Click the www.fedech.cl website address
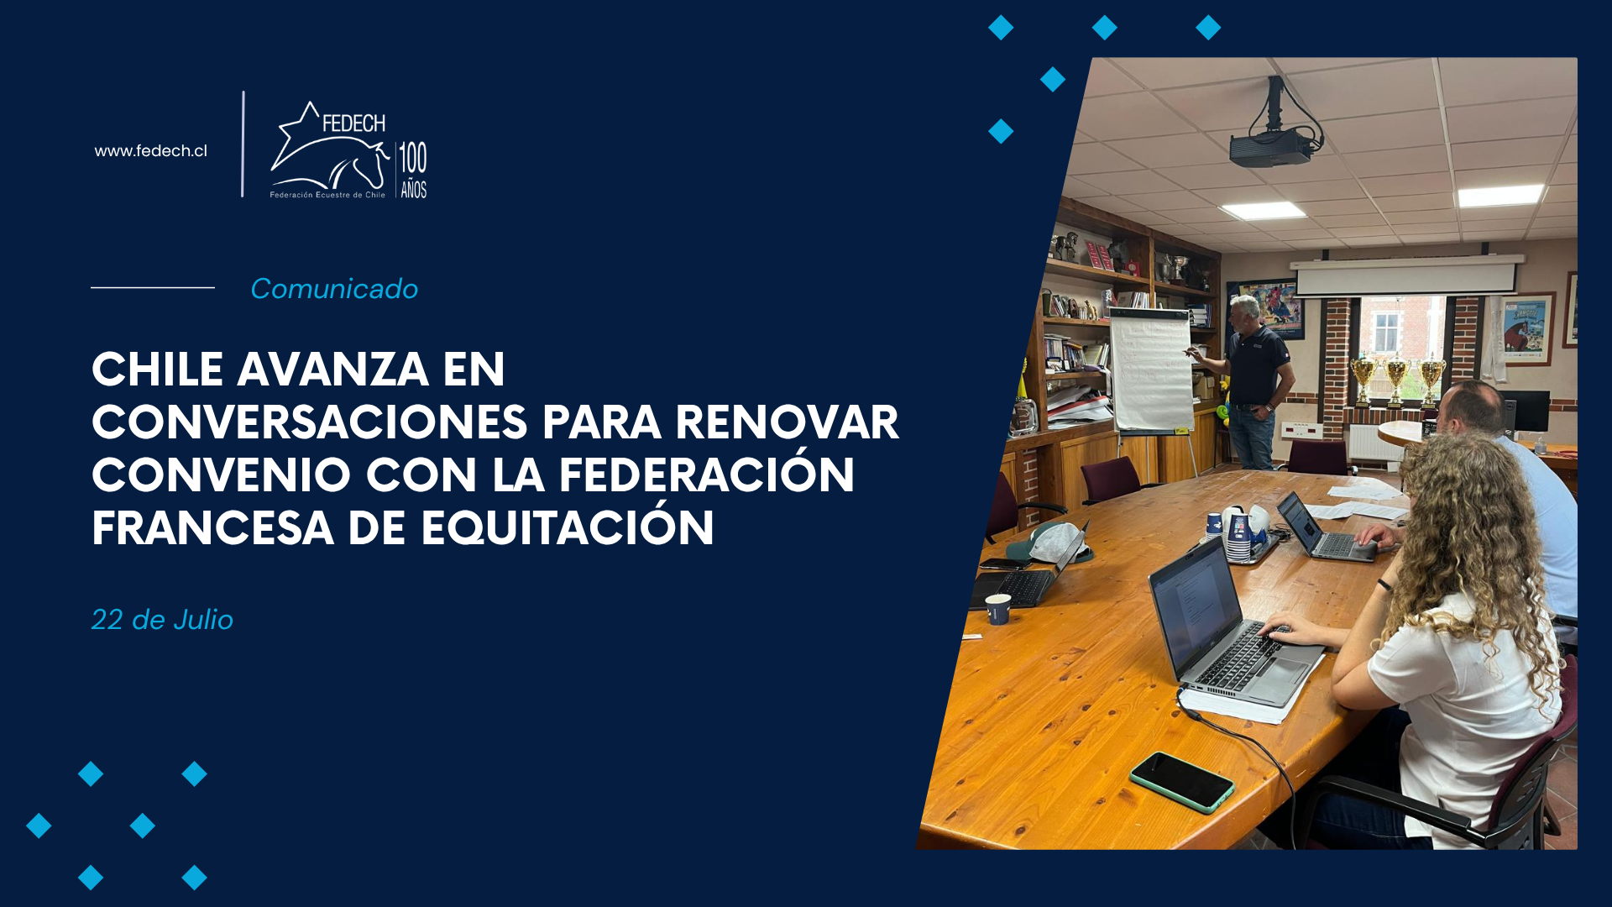click(150, 151)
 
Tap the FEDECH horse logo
click(329, 149)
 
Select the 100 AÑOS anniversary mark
click(413, 170)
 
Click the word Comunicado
click(334, 288)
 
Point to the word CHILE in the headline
click(158, 370)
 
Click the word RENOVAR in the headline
click(787, 422)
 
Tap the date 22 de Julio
click(162, 620)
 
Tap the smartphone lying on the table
click(1182, 782)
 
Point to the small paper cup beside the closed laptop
click(997, 609)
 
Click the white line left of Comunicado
click(153, 288)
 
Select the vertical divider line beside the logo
click(243, 144)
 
